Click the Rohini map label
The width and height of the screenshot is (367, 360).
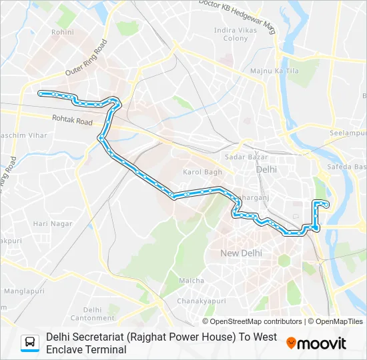pyautogui.click(x=63, y=31)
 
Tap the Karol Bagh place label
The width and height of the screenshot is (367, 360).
pyautogui.click(x=202, y=172)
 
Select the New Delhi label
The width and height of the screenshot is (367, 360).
pyautogui.click(x=241, y=253)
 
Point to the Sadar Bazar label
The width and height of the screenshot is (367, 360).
pyautogui.click(x=246, y=157)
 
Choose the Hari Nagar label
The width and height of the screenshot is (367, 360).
pyautogui.click(x=53, y=224)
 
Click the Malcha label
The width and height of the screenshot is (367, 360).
pyautogui.click(x=192, y=281)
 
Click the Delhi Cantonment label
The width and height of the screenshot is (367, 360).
pyautogui.click(x=93, y=313)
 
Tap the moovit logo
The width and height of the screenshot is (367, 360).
pyautogui.click(x=316, y=343)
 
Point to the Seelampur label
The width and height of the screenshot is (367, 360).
pyautogui.click(x=348, y=133)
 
